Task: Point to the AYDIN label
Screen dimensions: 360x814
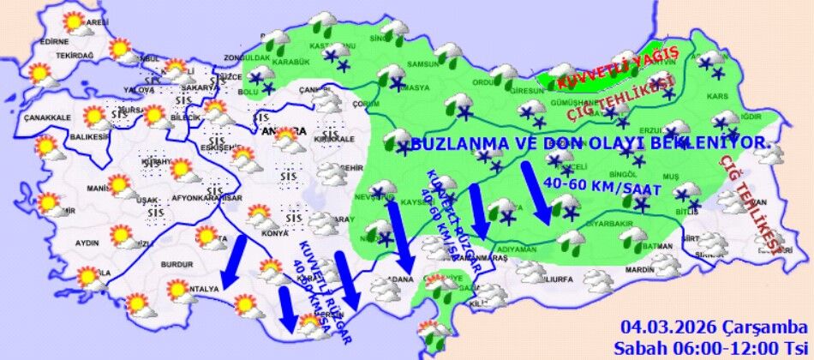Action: [88, 243]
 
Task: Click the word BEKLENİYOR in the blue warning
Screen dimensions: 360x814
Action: [715, 141]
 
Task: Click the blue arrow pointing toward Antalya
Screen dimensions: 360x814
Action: [230, 261]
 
